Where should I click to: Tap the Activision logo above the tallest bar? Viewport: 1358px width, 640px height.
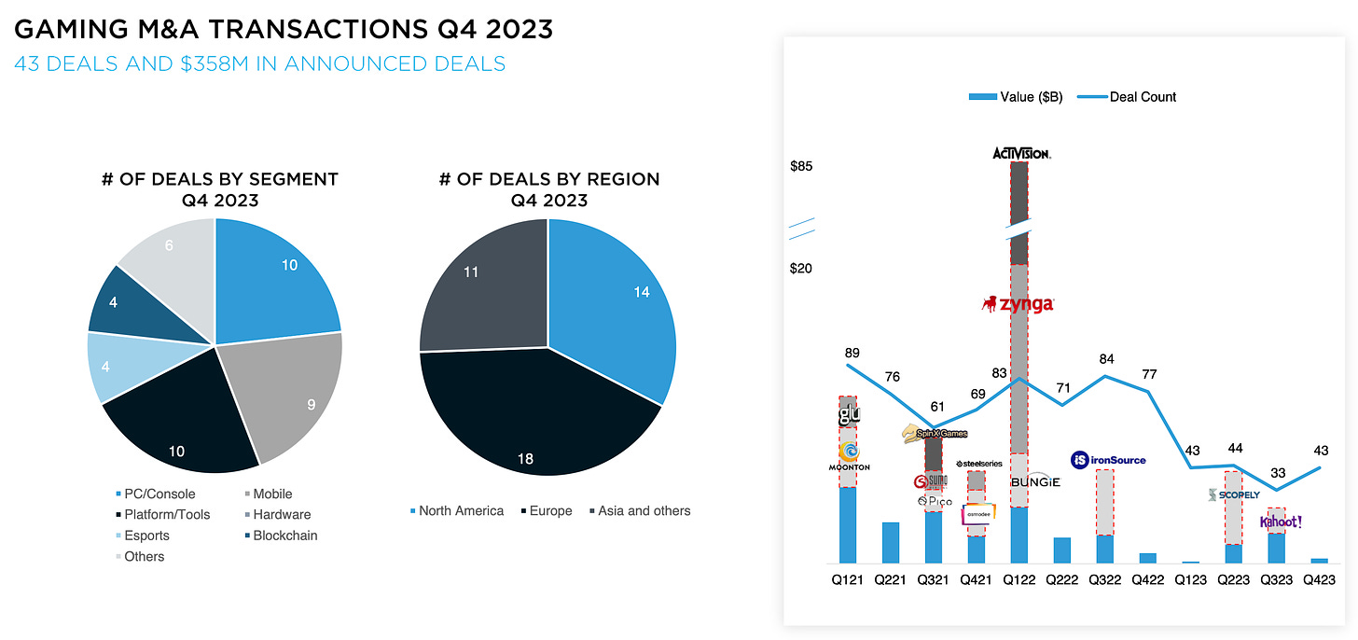coord(1021,152)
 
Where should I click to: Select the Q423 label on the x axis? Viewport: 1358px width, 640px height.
coord(1319,580)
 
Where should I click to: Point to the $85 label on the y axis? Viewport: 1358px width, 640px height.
coord(801,167)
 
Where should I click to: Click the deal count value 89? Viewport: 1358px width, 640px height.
coord(851,353)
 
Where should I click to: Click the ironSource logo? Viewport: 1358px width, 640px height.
coord(1108,459)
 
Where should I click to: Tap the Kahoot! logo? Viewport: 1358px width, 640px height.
coord(1280,522)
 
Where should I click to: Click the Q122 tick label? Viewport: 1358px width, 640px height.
coord(1019,580)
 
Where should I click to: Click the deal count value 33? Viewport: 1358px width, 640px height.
coord(1278,473)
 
